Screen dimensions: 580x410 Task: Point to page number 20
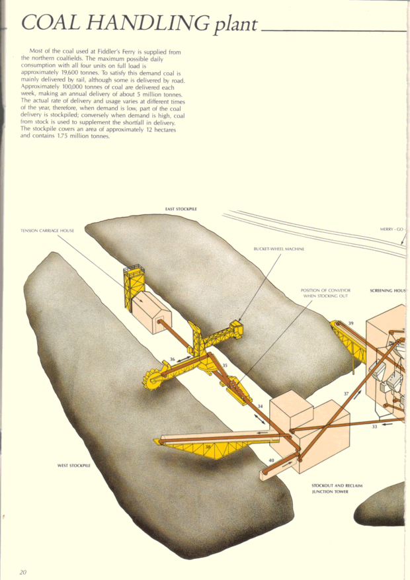pos(23,571)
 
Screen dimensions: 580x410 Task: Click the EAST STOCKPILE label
pos(181,209)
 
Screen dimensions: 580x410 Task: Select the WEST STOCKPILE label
pos(73,465)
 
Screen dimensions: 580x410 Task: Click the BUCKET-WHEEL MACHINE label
pos(278,249)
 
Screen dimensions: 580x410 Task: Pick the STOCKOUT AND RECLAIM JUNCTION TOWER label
pos(337,489)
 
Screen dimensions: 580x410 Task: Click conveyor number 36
pos(173,359)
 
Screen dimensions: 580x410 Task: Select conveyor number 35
pos(225,365)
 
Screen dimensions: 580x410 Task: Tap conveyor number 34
pos(260,406)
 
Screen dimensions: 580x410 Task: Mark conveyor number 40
pos(271,460)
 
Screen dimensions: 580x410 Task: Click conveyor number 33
pos(374,427)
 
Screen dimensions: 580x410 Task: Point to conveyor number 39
pos(350,323)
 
